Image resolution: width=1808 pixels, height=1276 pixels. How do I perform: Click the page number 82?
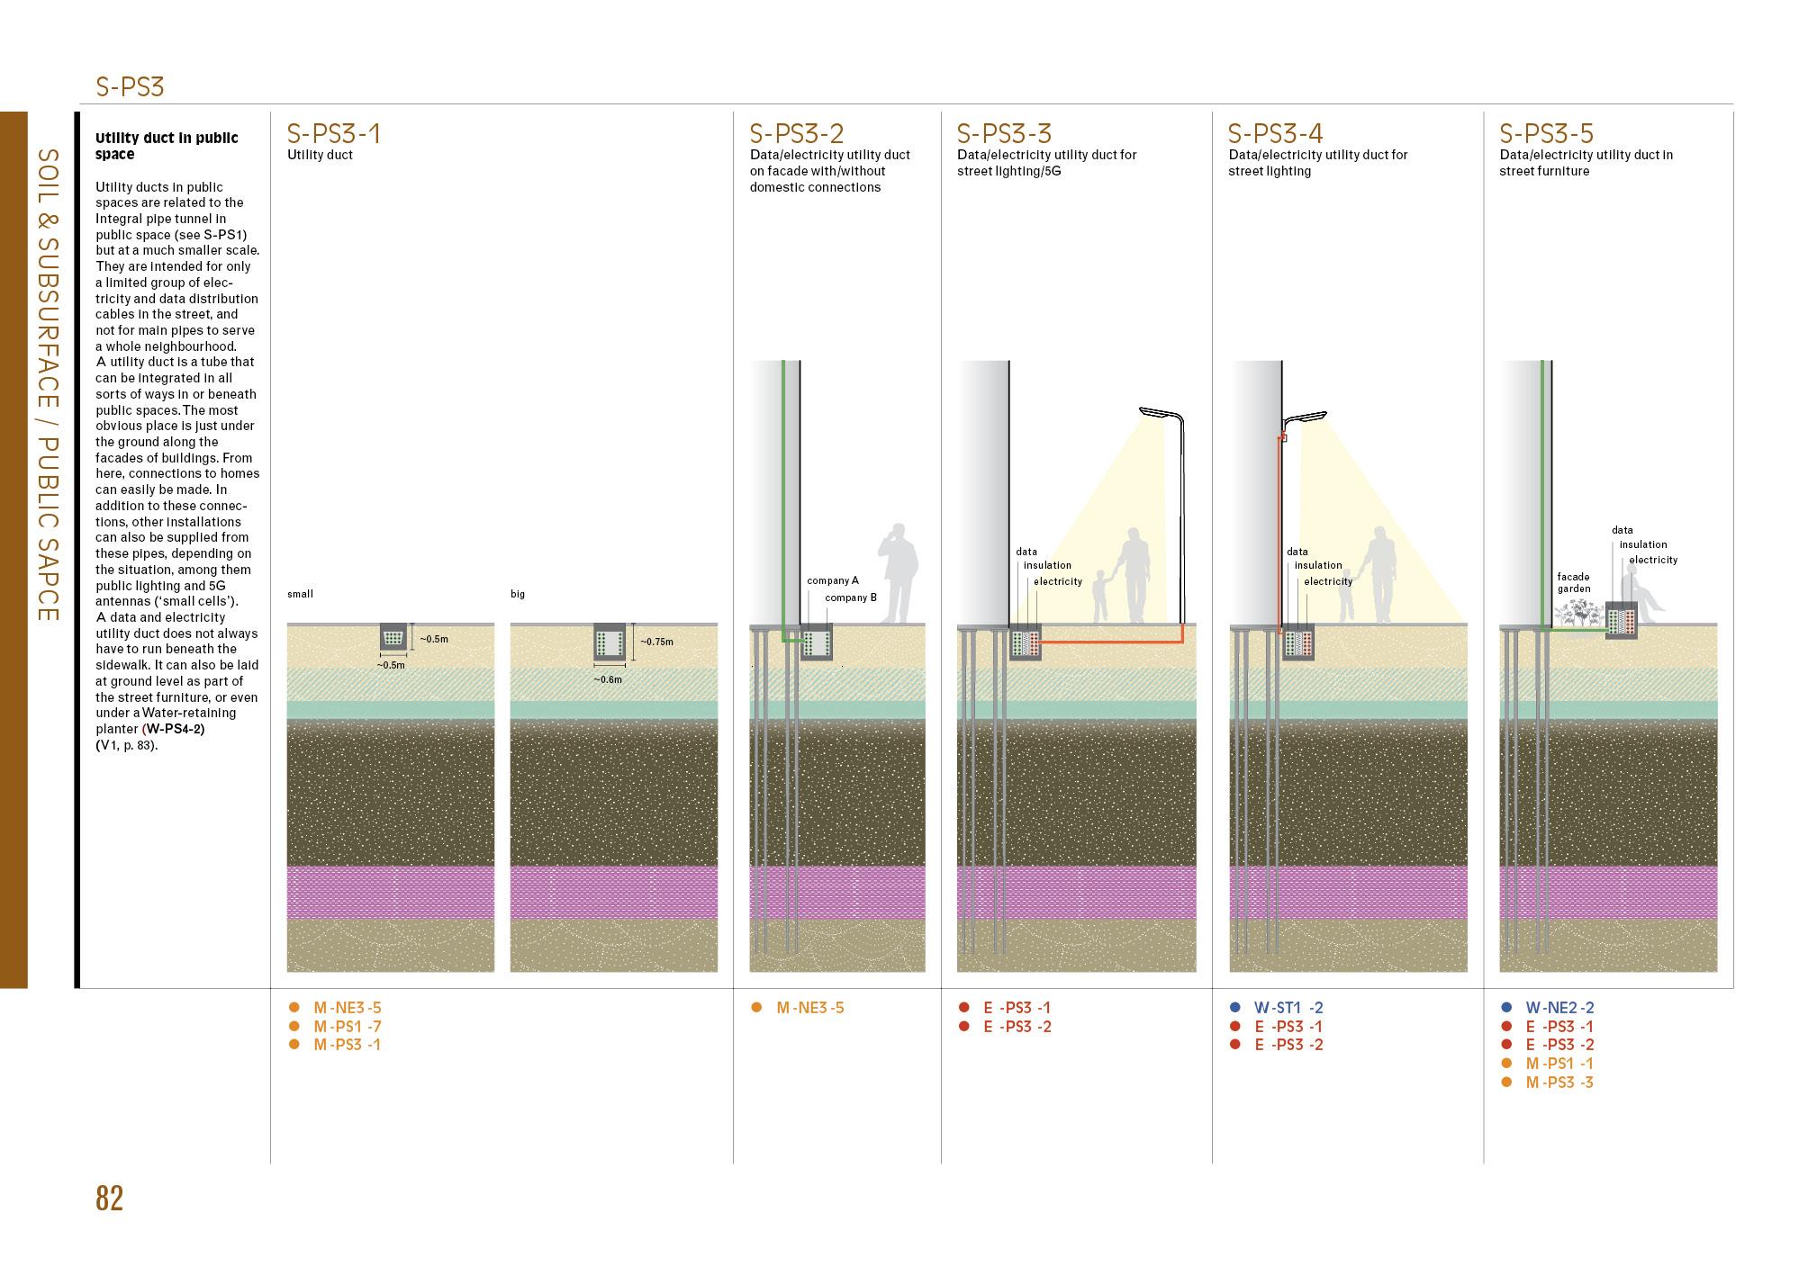pyautogui.click(x=109, y=1199)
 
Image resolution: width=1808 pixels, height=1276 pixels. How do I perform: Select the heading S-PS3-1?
pyautogui.click(x=333, y=134)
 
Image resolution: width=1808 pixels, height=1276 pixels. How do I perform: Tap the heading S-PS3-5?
pyautogui.click(x=1546, y=134)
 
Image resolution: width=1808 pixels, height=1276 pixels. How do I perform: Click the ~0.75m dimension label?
pyautogui.click(x=656, y=642)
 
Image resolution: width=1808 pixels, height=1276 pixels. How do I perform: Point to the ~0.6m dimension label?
pyautogui.click(x=608, y=679)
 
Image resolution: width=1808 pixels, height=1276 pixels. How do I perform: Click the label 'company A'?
pyautogui.click(x=832, y=580)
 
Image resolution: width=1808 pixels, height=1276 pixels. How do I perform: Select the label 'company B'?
pyautogui.click(x=850, y=598)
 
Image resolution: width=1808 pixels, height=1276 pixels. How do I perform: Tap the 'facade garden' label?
pyautogui.click(x=1573, y=583)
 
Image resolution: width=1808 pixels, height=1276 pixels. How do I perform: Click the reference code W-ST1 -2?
pyautogui.click(x=1288, y=1008)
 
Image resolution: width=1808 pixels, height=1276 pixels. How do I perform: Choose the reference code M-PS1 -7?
pyautogui.click(x=347, y=1027)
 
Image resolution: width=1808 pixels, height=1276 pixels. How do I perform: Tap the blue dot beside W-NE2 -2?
pyautogui.click(x=1506, y=1008)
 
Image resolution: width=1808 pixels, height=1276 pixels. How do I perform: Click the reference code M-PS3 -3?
pyautogui.click(x=1559, y=1083)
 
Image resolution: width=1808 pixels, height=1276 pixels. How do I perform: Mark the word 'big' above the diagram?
pyautogui.click(x=518, y=594)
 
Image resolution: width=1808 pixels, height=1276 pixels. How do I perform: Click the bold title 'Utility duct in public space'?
pyautogui.click(x=167, y=146)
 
